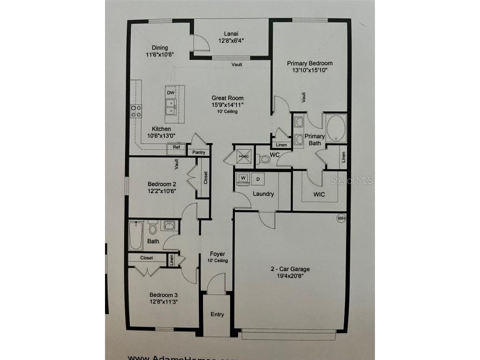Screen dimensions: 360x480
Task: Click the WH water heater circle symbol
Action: pos(341,218)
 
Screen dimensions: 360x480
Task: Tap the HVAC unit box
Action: pos(243,156)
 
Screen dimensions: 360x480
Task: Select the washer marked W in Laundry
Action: pos(243,179)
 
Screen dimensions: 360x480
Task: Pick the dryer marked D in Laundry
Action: pos(258,179)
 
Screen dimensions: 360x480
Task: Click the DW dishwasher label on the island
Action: pos(171,93)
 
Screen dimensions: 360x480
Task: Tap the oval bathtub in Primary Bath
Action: pos(336,127)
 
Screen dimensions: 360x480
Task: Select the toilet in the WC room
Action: pos(264,159)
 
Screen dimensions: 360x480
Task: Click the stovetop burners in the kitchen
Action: pos(136,111)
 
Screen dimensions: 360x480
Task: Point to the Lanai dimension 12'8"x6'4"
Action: pos(231,41)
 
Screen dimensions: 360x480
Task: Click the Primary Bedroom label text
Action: pos(309,63)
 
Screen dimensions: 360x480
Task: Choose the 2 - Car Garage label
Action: pos(290,269)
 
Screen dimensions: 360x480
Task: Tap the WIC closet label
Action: pos(319,194)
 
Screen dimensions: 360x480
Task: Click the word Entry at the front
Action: pos(217,314)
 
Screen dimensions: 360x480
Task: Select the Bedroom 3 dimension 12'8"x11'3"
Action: pos(163,302)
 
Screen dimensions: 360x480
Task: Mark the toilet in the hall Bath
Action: pos(152,228)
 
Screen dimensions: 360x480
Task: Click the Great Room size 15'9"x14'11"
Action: pos(227,105)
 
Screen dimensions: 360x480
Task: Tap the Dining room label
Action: pos(160,47)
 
